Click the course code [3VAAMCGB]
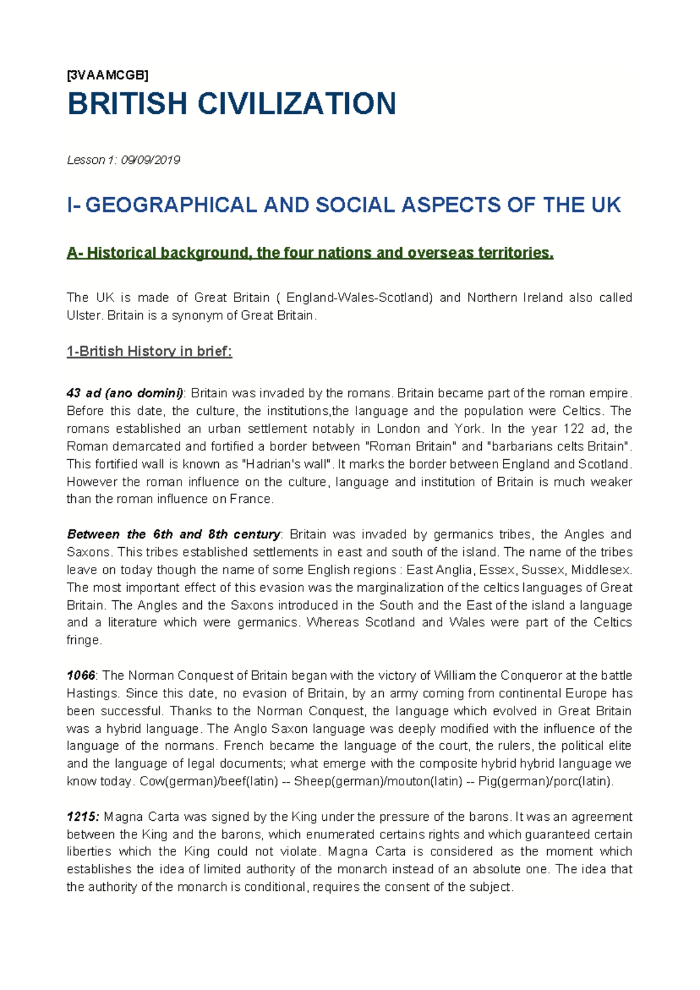pyautogui.click(x=107, y=75)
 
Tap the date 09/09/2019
pyautogui.click(x=150, y=160)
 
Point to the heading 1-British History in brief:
pyautogui.click(x=149, y=352)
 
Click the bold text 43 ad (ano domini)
pyautogui.click(x=125, y=393)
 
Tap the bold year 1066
pyautogui.click(x=80, y=676)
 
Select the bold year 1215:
pyautogui.click(x=83, y=817)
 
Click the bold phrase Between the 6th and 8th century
pyautogui.click(x=173, y=534)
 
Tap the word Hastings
pyautogui.click(x=92, y=694)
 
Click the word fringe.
pyautogui.click(x=83, y=641)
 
